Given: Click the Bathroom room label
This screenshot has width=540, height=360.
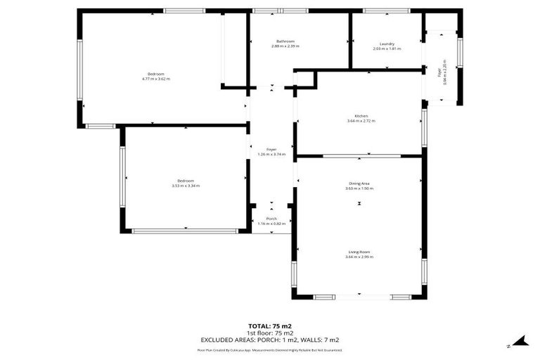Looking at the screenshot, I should (x=285, y=41).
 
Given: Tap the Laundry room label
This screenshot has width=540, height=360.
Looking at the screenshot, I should (x=387, y=44).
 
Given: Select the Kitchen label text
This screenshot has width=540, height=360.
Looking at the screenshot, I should (x=361, y=116).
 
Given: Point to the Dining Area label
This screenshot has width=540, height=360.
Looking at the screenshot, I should (x=359, y=184).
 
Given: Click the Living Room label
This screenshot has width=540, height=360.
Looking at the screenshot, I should (x=359, y=252).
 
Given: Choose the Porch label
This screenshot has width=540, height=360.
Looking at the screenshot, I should (x=271, y=219).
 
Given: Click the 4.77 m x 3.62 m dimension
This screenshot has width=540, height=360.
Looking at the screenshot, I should (x=155, y=79).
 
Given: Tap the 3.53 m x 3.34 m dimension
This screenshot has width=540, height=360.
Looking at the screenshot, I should (x=186, y=186).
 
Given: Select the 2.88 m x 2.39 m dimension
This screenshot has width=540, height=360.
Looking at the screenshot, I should (x=285, y=46).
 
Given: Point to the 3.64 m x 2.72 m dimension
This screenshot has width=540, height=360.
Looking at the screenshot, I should (x=361, y=121).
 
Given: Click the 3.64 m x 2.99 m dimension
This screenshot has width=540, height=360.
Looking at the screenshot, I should (x=359, y=257).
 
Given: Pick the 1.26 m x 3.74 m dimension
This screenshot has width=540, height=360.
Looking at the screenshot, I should (x=271, y=154).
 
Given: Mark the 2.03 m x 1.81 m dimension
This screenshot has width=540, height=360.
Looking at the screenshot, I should (x=387, y=49).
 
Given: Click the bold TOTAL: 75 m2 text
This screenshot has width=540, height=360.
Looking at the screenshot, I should (x=270, y=326).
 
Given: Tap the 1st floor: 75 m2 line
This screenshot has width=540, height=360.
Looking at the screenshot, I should (x=270, y=333).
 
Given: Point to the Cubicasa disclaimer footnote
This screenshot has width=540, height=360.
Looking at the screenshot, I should (x=270, y=349).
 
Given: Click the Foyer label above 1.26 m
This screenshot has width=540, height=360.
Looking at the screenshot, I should (x=271, y=149).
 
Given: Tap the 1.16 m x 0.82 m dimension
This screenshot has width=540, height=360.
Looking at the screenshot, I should (x=271, y=224).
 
